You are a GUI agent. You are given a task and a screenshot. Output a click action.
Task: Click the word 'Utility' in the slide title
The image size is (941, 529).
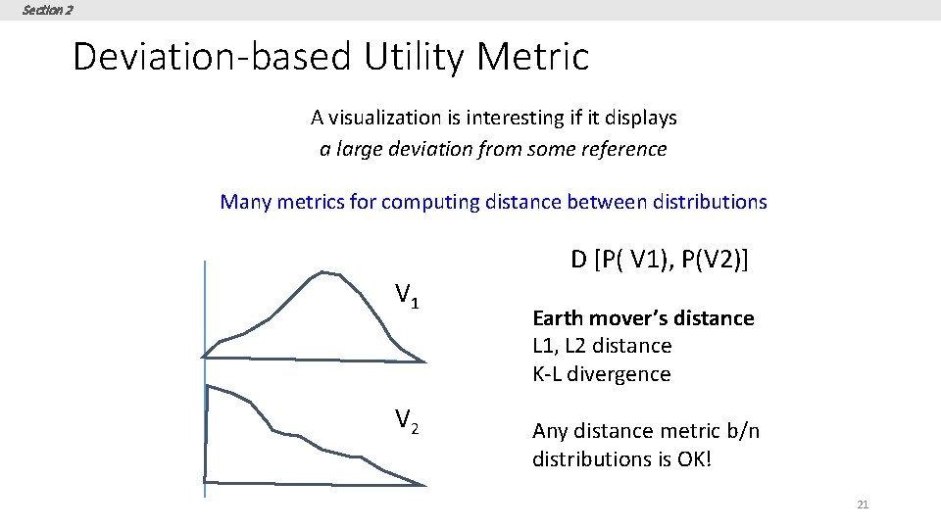(x=413, y=57)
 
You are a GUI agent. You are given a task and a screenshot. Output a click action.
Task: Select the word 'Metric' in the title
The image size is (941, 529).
(x=533, y=57)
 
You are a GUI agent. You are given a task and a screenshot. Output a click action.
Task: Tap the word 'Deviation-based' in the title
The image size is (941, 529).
(x=210, y=57)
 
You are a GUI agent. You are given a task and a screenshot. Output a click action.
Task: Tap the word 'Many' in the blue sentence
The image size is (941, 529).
(x=246, y=202)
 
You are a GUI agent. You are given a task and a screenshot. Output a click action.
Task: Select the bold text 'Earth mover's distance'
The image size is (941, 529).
(x=643, y=318)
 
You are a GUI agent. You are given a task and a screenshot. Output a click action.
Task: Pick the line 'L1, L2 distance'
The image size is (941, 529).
(x=602, y=346)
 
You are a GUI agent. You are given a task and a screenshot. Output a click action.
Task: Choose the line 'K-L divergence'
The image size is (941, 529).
(x=601, y=374)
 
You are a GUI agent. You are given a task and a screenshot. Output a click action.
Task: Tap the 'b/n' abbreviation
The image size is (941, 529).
(x=739, y=431)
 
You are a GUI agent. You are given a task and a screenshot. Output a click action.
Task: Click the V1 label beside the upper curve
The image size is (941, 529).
(x=407, y=295)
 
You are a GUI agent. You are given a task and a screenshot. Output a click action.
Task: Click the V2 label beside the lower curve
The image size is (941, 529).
(x=407, y=420)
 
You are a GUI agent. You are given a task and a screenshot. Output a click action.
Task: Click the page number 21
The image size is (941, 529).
(x=863, y=505)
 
